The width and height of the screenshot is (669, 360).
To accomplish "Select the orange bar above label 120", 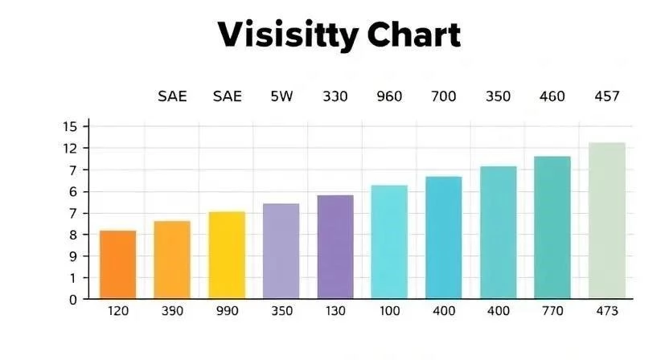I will click(x=117, y=264).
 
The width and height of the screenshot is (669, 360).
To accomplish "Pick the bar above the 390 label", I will click(x=172, y=260).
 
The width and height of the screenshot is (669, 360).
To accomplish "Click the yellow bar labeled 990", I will click(x=227, y=255).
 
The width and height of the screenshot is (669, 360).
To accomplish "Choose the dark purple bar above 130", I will click(x=335, y=247).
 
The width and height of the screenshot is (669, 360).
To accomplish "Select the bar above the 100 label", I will click(x=389, y=242).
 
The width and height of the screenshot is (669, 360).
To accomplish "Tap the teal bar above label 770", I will click(x=552, y=227).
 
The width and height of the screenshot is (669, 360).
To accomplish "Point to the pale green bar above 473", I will click(x=607, y=220).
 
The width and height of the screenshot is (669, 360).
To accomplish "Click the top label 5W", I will click(x=281, y=97).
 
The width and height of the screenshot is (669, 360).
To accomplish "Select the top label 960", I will click(x=389, y=97).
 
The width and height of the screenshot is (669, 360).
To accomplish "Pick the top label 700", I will click(x=443, y=97).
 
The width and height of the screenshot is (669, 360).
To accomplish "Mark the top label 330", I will click(x=335, y=97).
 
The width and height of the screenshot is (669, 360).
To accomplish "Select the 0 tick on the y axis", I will click(x=72, y=299).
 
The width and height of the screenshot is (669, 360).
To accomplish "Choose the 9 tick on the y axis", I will click(x=72, y=256).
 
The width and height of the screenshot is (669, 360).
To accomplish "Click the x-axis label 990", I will click(x=227, y=311).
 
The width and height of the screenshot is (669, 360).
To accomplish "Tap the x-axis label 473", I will click(x=606, y=311).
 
